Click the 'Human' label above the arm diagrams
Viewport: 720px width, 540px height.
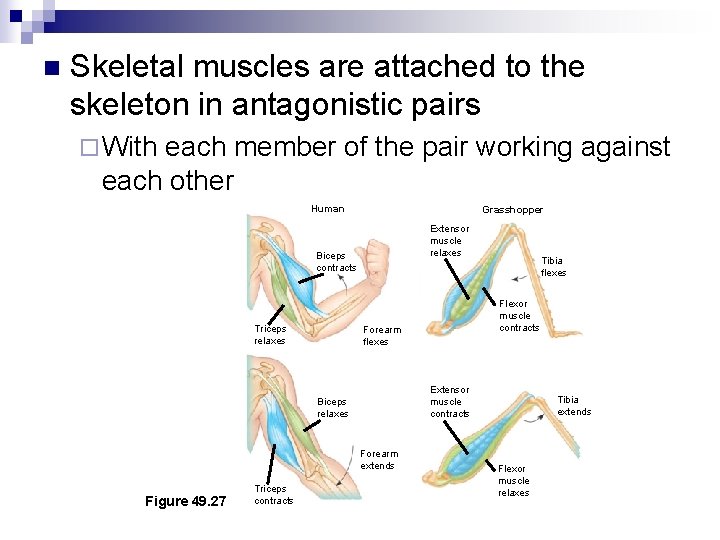pyautogui.click(x=327, y=209)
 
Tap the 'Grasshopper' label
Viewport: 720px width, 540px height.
pyautogui.click(x=512, y=210)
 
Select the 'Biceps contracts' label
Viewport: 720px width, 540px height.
pyautogui.click(x=336, y=262)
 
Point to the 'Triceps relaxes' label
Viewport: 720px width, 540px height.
pyautogui.click(x=270, y=334)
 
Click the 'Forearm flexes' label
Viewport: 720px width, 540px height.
pyautogui.click(x=382, y=335)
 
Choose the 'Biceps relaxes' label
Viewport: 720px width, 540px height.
pyautogui.click(x=333, y=407)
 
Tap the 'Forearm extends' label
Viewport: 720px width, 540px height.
pyautogui.click(x=378, y=460)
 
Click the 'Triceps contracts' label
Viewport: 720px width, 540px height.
pyautogui.click(x=273, y=494)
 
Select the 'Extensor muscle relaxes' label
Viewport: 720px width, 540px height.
pyautogui.click(x=447, y=240)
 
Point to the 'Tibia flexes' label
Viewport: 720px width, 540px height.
pyautogui.click(x=552, y=267)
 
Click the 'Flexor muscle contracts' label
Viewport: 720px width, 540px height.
pyautogui.click(x=518, y=315)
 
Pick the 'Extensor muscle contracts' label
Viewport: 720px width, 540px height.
pyautogui.click(x=449, y=401)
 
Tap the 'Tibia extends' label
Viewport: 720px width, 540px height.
pyautogui.click(x=574, y=405)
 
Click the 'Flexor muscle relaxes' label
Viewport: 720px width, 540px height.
pyautogui.click(x=513, y=480)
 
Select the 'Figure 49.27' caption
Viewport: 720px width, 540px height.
pyautogui.click(x=186, y=500)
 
